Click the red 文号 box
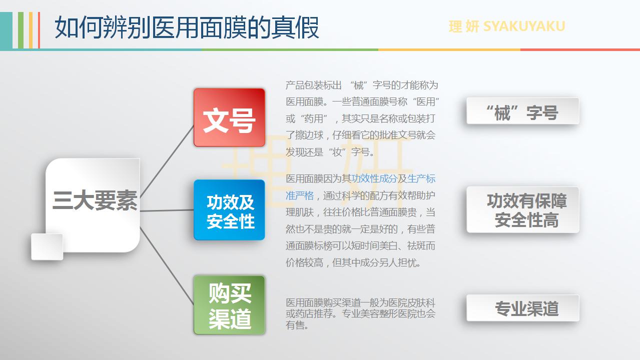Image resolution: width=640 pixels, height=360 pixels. [x=229, y=117]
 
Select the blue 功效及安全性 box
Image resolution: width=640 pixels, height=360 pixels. [x=229, y=210]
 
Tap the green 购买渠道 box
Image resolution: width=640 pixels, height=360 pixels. [x=229, y=304]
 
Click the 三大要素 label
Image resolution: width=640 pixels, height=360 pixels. [x=95, y=200]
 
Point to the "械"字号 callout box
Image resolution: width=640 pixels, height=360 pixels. [x=523, y=111]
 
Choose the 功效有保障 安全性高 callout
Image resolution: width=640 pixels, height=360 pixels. [x=523, y=210]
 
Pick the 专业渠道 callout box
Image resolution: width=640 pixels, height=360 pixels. [x=523, y=308]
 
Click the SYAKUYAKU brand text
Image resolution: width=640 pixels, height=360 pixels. [x=524, y=26]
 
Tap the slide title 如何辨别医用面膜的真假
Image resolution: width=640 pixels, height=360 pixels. [x=187, y=27]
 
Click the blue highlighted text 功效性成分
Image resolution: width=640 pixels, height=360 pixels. [x=374, y=178]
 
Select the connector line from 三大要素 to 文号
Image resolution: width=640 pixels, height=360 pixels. [x=167, y=161]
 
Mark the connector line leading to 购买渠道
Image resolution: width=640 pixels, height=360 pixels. [x=167, y=265]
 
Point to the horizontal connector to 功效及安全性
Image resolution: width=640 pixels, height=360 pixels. [x=167, y=210]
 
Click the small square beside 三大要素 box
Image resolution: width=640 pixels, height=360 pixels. [x=47, y=246]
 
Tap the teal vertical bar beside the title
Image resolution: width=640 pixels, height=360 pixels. [x=6, y=30]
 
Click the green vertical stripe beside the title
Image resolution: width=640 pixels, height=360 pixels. [x=21, y=30]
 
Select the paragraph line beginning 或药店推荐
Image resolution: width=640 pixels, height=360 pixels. [x=361, y=314]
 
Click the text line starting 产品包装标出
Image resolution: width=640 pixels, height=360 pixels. [x=362, y=85]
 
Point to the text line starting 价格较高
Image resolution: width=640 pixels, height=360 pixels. [x=353, y=262]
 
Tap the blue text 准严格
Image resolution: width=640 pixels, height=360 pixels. [x=300, y=195]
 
